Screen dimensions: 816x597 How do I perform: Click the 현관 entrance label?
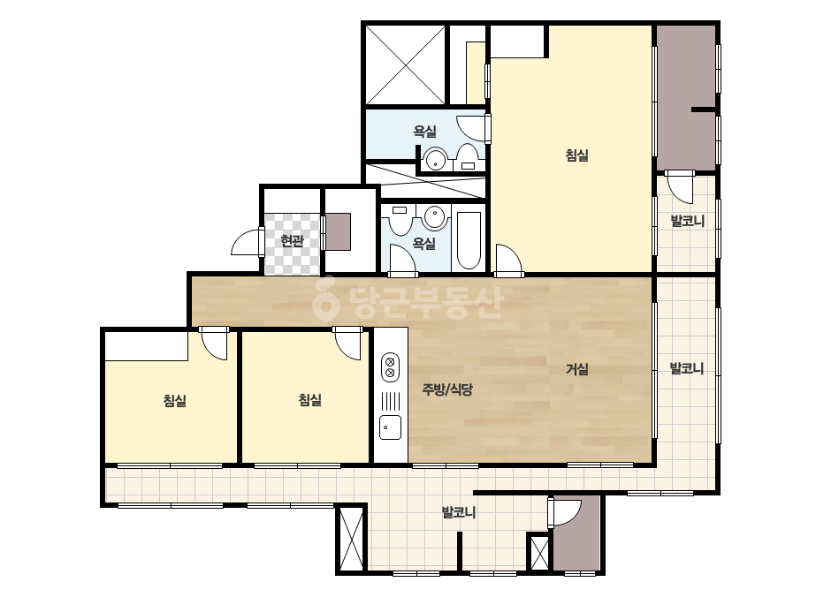[292, 241]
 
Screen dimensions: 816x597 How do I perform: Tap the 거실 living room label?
[577, 369]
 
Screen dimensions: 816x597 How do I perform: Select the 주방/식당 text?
[447, 389]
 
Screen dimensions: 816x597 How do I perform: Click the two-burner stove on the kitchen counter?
[390, 367]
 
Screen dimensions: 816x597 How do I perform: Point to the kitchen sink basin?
[390, 427]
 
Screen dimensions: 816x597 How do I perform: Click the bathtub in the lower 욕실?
[469, 239]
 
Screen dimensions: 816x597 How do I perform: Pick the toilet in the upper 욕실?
[467, 157]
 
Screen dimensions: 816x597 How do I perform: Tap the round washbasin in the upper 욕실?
[435, 159]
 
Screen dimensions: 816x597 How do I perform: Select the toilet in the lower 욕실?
[400, 221]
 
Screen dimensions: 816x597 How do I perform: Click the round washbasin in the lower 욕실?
[435, 217]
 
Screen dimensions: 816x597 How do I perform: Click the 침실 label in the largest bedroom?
[577, 155]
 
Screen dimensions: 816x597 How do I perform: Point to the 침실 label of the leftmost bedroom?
[175, 400]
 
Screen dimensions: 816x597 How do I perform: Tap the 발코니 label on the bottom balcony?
[459, 513]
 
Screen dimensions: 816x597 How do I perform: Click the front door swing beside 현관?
[246, 241]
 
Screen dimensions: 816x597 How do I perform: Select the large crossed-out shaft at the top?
[406, 65]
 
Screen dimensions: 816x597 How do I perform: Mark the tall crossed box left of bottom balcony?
[351, 539]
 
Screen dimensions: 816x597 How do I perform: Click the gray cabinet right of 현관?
[337, 231]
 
